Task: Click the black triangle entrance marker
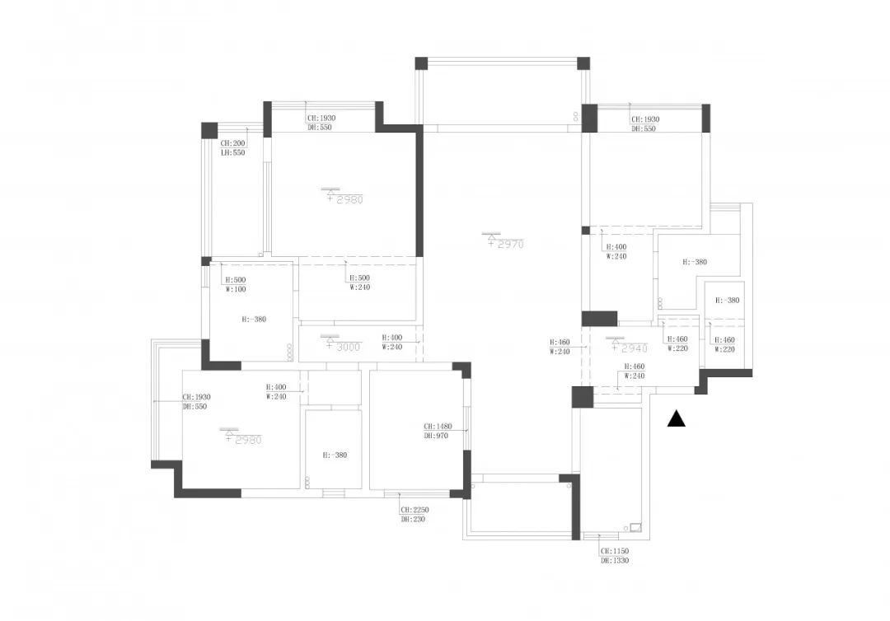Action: [x=677, y=419]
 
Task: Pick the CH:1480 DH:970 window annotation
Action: [x=435, y=431]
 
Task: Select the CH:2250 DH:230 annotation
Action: [x=415, y=515]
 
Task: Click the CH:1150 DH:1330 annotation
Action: [x=615, y=555]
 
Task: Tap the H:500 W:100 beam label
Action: [x=236, y=284]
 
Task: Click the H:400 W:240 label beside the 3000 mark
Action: [x=391, y=343]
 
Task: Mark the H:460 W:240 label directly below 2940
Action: [x=634, y=371]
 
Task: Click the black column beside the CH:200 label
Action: [x=209, y=130]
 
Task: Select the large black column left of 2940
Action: [x=599, y=318]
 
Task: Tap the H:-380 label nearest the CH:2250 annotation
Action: [x=335, y=455]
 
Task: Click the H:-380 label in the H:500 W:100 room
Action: [x=254, y=319]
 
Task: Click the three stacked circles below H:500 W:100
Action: [x=289, y=352]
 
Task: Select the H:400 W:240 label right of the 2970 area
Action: [x=616, y=251]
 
